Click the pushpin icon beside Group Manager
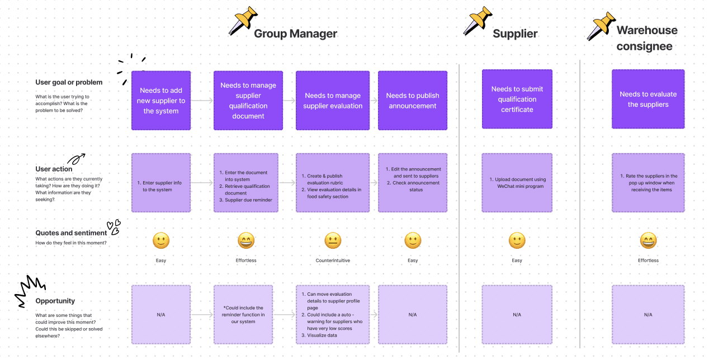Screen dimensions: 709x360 [x=243, y=20]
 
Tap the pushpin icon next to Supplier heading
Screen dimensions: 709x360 [x=478, y=21]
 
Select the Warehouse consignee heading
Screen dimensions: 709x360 [x=647, y=38]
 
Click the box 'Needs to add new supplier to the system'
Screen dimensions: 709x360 [x=161, y=101]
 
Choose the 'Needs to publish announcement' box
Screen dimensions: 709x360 [x=413, y=101]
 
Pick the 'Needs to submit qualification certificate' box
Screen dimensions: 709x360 [x=517, y=99]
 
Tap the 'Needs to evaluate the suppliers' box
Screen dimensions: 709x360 [x=648, y=99]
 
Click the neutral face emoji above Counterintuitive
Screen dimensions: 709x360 [x=333, y=241]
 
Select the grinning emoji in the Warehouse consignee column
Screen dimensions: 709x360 [x=648, y=241]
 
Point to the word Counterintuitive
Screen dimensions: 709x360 [x=333, y=260]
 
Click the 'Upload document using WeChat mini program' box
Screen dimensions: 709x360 [x=517, y=183]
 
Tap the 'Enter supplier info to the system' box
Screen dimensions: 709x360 [x=161, y=183]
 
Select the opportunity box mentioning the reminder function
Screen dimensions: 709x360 [x=243, y=315]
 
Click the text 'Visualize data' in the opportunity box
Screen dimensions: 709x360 [x=322, y=335]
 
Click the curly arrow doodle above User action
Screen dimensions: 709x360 [x=76, y=159]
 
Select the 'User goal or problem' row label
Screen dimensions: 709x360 [x=69, y=82]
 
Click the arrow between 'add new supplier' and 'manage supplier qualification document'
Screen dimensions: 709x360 [x=202, y=101]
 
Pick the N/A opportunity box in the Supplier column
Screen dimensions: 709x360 [x=517, y=315]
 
